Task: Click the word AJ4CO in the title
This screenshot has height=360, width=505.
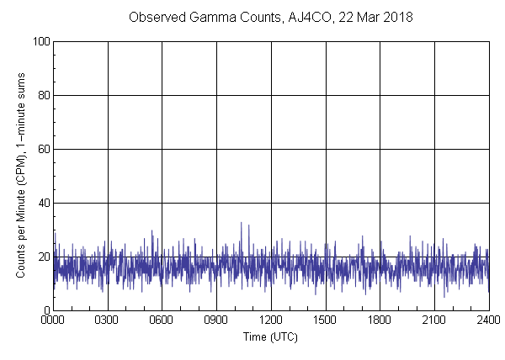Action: (300, 17)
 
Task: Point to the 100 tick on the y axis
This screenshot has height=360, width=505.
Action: (40, 41)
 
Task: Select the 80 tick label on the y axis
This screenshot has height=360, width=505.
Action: (43, 95)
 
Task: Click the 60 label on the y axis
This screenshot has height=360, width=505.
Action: (43, 149)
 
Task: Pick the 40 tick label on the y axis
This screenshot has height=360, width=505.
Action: (43, 203)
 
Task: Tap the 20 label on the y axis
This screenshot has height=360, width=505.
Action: (43, 257)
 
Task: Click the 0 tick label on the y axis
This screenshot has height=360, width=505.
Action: (45, 310)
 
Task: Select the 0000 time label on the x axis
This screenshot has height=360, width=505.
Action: (53, 320)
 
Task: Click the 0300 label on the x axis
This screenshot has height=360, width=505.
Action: (108, 320)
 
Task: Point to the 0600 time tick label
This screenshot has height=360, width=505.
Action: (162, 320)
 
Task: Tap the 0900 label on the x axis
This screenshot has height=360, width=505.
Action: (216, 320)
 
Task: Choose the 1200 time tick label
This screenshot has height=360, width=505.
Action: (271, 320)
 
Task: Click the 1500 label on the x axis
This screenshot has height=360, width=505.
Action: (326, 320)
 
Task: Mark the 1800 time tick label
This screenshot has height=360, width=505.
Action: (380, 320)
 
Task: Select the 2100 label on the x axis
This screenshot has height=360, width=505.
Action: (434, 320)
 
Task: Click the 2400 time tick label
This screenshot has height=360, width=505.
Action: (488, 320)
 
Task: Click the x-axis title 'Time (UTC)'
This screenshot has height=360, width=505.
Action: (270, 336)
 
